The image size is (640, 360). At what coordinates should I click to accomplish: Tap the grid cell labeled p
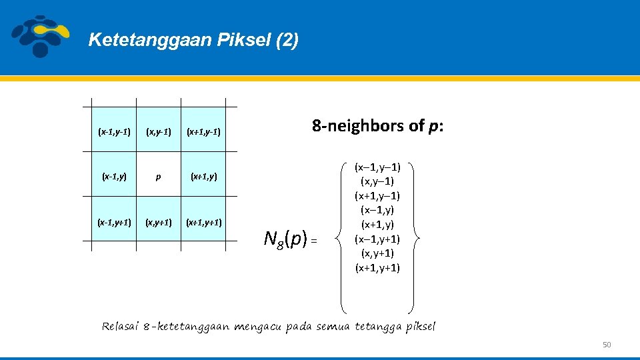(157, 177)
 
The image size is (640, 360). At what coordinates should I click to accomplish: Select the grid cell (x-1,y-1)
(114, 132)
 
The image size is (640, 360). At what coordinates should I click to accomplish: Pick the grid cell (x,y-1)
(157, 132)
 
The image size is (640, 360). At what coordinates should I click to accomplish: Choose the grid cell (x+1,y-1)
(204, 132)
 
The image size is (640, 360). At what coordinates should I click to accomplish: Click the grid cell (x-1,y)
(114, 177)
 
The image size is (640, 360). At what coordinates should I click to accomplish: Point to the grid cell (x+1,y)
(204, 177)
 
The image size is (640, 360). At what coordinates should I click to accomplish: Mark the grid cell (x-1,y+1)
(114, 223)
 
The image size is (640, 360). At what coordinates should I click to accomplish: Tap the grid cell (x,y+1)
(157, 223)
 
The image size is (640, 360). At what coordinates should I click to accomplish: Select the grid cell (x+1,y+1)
(204, 223)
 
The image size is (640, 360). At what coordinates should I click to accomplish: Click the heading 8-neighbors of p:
(377, 126)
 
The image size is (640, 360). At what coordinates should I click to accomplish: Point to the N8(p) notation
(285, 237)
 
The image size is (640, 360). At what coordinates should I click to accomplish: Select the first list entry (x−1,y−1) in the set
(377, 167)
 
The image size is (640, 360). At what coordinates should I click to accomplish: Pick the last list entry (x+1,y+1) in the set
(377, 268)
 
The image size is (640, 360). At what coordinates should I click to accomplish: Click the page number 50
(606, 345)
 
